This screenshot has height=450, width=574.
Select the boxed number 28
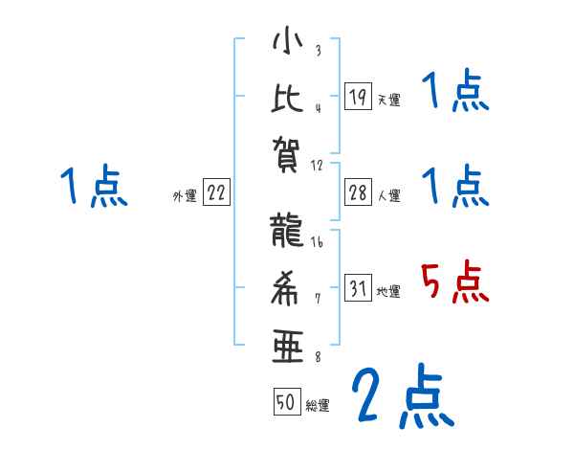[358, 192]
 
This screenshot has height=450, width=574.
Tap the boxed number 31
[358, 288]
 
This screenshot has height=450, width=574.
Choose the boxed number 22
[216, 192]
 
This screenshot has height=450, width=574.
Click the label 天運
[388, 100]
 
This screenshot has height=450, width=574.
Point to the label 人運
[388, 196]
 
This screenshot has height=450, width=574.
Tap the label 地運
[388, 292]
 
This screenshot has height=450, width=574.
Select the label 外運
[185, 196]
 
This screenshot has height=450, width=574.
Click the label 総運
[318, 405]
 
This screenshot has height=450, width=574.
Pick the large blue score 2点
[402, 395]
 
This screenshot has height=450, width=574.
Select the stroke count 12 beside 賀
[319, 165]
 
